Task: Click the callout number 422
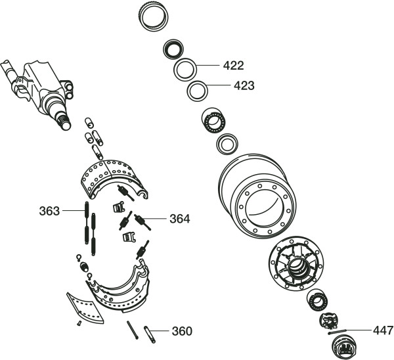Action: (x=233, y=66)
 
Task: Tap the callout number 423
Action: (x=244, y=85)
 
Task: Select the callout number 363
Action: (x=49, y=211)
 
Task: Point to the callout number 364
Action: (x=180, y=219)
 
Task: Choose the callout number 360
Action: (x=182, y=331)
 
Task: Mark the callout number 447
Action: (x=383, y=330)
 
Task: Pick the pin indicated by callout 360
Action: (x=150, y=334)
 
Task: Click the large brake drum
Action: (x=257, y=195)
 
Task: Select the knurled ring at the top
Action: (x=154, y=17)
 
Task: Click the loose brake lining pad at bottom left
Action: (x=85, y=308)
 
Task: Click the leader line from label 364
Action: (x=154, y=219)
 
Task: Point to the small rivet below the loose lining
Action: (x=79, y=323)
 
